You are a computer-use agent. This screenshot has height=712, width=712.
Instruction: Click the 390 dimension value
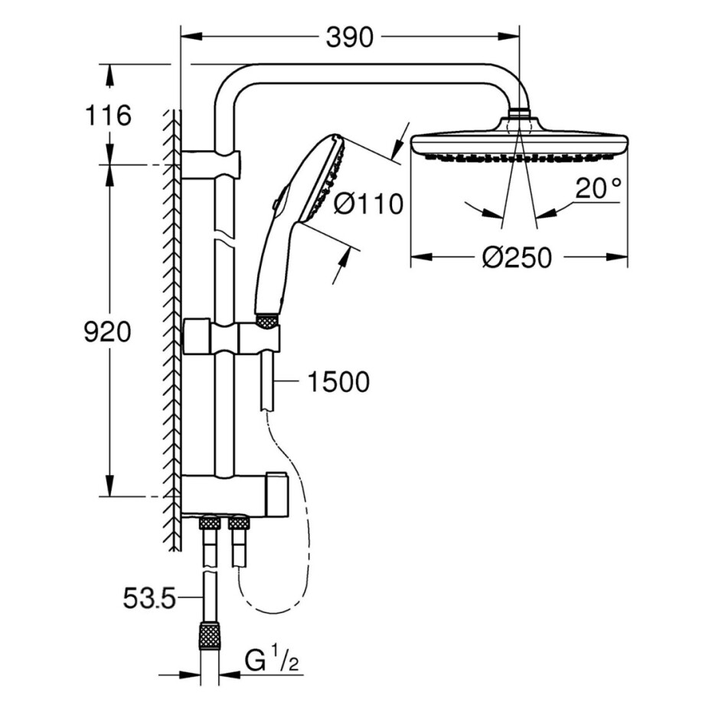coord(350,38)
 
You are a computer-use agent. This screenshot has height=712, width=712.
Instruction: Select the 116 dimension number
coord(108,116)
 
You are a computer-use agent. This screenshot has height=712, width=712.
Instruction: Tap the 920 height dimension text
coord(108,332)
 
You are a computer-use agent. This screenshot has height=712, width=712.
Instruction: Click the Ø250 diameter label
coord(517,258)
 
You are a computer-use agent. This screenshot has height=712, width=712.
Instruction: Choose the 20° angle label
coord(598,188)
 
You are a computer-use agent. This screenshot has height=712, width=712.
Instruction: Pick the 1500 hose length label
coord(338,382)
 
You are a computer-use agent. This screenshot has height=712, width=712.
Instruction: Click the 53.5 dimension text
coord(149,599)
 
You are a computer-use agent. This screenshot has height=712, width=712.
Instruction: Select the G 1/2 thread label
coord(272,661)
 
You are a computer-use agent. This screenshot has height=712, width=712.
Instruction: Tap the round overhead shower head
coord(520,140)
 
